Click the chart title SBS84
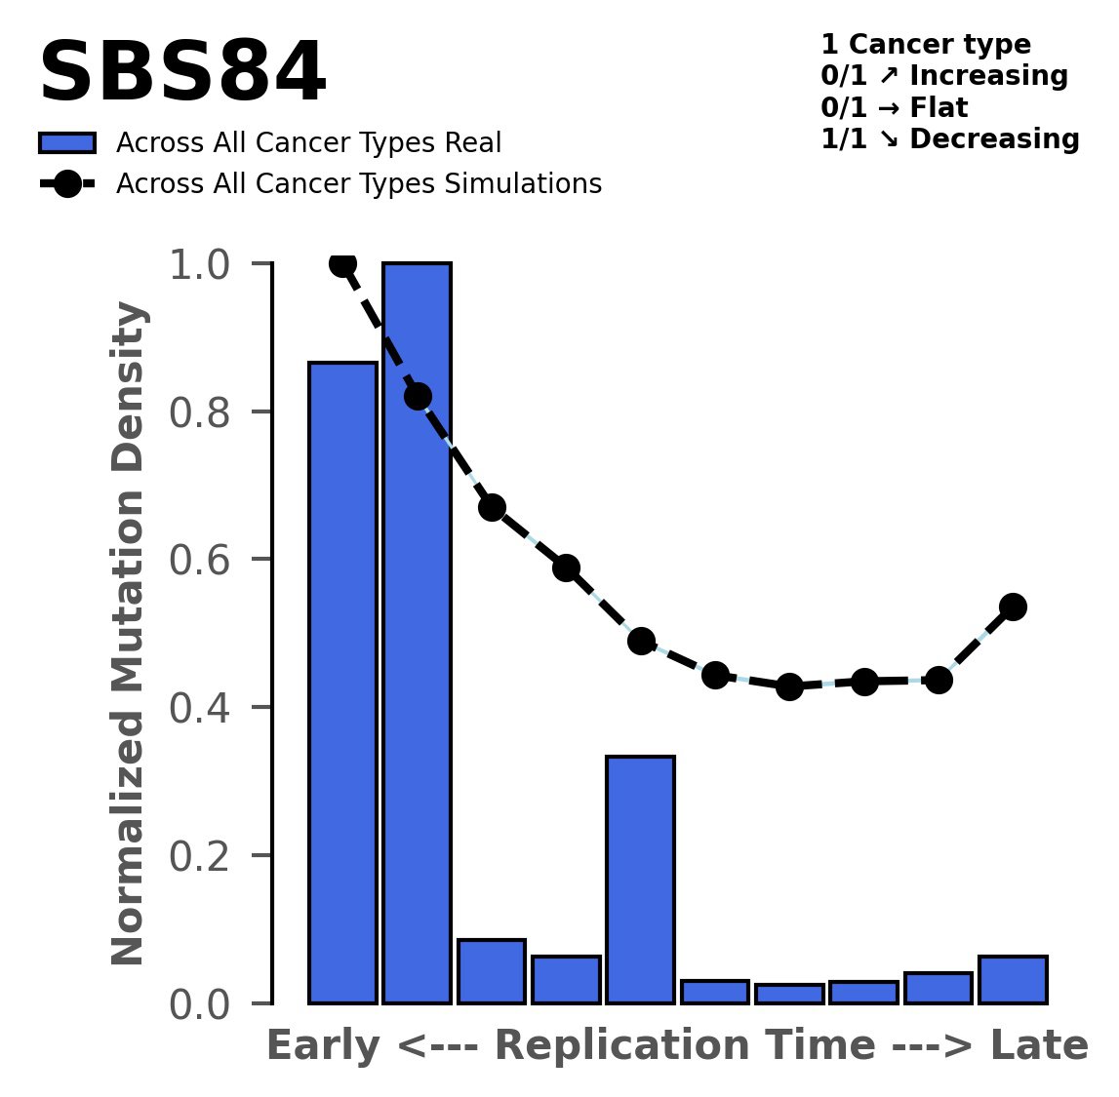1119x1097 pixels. click(181, 74)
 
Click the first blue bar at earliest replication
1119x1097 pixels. click(342, 682)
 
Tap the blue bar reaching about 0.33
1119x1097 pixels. click(640, 879)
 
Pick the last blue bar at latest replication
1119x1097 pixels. click(1013, 979)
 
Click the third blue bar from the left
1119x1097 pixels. click(492, 971)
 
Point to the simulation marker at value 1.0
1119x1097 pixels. click(342, 263)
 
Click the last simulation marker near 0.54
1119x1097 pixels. click(1013, 607)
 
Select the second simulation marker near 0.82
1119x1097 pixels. click(418, 397)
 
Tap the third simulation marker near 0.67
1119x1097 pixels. click(492, 507)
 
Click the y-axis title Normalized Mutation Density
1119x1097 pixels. click(129, 633)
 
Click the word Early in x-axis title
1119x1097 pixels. click(323, 1047)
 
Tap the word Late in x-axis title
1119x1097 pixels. click(1039, 1047)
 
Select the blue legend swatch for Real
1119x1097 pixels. click(67, 143)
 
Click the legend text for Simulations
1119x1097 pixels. click(358, 184)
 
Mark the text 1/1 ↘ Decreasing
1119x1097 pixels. click(949, 139)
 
